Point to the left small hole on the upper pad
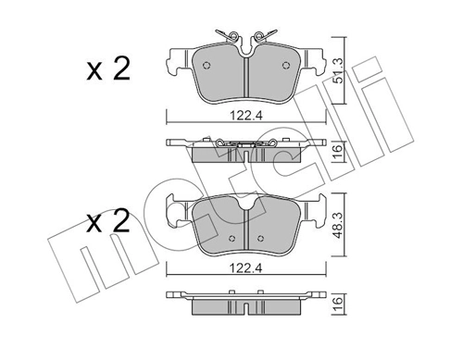(x=206, y=65)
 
